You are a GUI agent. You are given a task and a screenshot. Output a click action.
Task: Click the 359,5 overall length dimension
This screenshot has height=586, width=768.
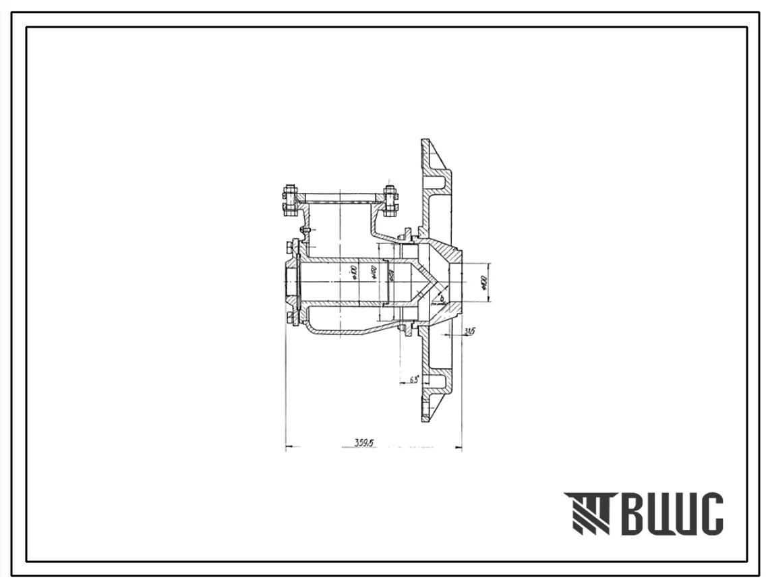(365, 442)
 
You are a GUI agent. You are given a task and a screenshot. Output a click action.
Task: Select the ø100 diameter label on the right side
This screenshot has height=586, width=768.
(483, 282)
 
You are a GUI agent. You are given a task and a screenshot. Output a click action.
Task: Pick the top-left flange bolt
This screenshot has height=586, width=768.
(290, 200)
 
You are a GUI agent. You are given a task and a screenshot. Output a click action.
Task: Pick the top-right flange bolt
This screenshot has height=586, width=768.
(390, 200)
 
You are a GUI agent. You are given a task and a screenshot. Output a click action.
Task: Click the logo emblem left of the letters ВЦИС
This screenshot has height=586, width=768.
(586, 514)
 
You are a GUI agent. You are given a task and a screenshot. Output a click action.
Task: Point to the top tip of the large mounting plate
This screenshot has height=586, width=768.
(425, 141)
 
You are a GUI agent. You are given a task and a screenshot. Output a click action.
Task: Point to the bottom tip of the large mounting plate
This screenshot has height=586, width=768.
(425, 420)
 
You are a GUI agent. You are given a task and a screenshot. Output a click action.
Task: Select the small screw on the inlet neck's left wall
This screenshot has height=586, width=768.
(305, 231)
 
